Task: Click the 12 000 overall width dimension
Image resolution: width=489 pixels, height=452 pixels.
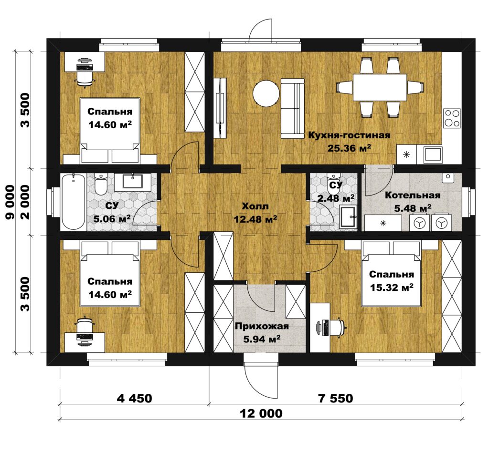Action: [261, 413]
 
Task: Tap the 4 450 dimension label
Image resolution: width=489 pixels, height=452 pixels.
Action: [134, 398]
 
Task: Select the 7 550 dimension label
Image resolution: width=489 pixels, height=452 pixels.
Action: [335, 398]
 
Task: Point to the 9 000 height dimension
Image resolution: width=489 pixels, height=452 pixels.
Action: [10, 202]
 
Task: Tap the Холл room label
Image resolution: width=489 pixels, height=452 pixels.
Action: [255, 206]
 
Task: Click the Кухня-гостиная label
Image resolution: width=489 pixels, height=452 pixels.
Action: [349, 135]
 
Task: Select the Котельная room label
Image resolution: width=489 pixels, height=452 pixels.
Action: [413, 195]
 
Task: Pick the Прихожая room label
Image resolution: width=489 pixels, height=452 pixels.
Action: [262, 326]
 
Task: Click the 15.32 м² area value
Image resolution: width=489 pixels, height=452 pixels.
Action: [392, 287]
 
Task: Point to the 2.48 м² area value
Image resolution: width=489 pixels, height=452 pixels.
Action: [336, 198]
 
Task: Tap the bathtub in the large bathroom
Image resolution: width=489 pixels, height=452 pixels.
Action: [73, 202]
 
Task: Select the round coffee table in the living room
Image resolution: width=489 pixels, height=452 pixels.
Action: [266, 93]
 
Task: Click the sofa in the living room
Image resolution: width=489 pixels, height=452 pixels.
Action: [292, 108]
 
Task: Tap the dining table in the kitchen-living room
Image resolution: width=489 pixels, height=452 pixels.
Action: [380, 87]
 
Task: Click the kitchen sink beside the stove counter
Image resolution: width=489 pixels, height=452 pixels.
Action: [433, 154]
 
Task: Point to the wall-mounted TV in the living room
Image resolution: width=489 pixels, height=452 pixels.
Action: [220, 108]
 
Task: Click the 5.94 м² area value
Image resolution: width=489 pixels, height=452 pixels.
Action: [262, 339]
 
